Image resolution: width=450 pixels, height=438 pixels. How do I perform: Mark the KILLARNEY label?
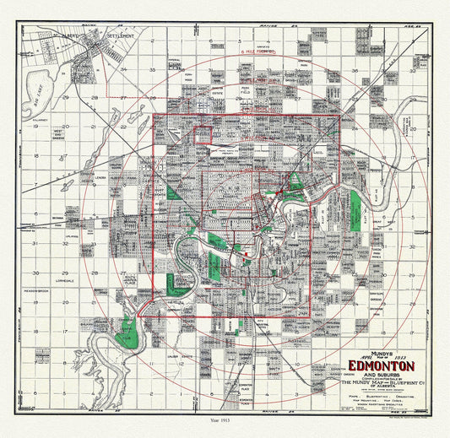pos(36,121)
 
